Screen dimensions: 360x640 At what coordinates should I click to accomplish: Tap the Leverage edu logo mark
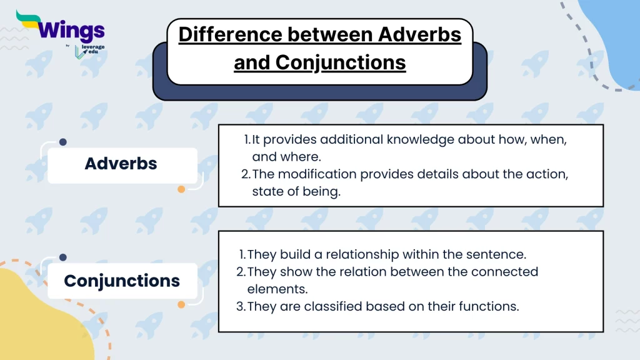[x=78, y=52]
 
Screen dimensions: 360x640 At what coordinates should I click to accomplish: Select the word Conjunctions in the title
[x=341, y=62]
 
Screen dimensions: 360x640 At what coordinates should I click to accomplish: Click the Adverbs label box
[x=121, y=164]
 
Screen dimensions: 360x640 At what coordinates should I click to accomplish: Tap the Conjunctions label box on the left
[x=121, y=281]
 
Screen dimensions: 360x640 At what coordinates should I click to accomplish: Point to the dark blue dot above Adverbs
[x=62, y=142]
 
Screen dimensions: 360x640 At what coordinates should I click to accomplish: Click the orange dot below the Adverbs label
[x=181, y=189]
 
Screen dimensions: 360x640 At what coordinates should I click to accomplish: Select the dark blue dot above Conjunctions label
[x=62, y=257]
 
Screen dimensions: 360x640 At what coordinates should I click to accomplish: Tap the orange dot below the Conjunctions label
[x=181, y=305]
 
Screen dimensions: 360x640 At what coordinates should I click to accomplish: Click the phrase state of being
[x=296, y=192]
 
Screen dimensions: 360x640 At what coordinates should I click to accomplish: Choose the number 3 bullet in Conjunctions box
[x=240, y=307]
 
